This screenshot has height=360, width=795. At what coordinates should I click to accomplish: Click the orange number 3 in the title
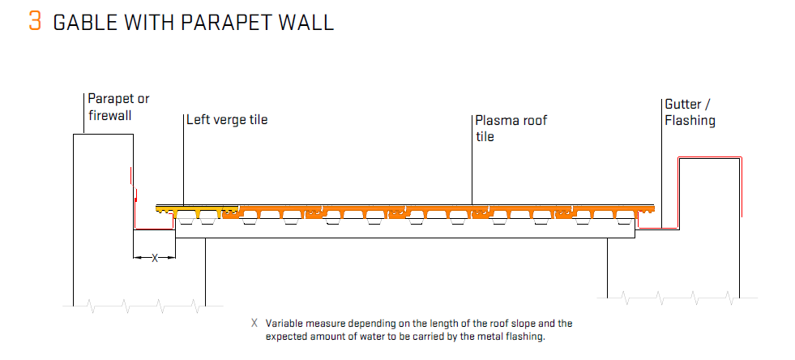(35, 21)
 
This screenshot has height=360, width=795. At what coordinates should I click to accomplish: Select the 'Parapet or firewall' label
(118, 107)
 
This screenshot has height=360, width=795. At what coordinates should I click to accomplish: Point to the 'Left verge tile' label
(227, 120)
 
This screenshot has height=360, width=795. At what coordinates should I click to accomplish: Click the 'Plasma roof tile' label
(511, 128)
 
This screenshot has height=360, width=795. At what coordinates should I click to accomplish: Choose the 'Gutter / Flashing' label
(690, 113)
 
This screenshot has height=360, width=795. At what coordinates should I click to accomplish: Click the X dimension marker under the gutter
(155, 258)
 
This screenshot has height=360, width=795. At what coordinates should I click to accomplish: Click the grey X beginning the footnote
(254, 323)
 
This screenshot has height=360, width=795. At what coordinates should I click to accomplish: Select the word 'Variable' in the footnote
(282, 323)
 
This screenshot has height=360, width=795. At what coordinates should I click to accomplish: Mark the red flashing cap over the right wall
(710, 157)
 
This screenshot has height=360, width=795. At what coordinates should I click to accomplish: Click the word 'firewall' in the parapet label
(109, 115)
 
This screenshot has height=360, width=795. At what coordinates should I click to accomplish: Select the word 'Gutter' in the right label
(683, 105)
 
